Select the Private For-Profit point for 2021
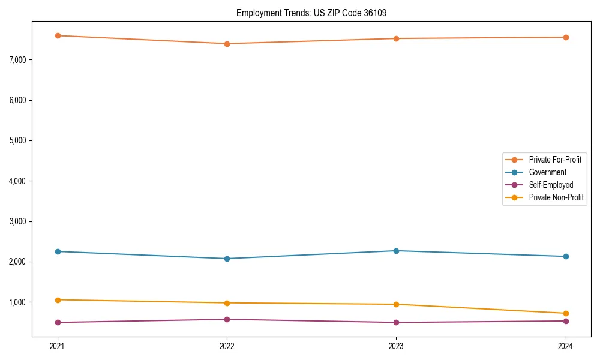[x=58, y=36]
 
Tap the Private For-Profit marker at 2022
[x=227, y=44]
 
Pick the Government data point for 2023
[x=396, y=251]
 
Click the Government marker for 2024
[x=565, y=257]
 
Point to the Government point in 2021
[x=58, y=251]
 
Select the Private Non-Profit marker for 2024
[x=565, y=313]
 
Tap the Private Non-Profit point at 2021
[x=58, y=300]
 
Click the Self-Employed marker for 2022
[x=227, y=319]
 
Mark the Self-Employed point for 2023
[x=396, y=322]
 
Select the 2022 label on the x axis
[x=227, y=346]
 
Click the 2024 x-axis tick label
[x=565, y=346]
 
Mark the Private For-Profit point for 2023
[x=396, y=38]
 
